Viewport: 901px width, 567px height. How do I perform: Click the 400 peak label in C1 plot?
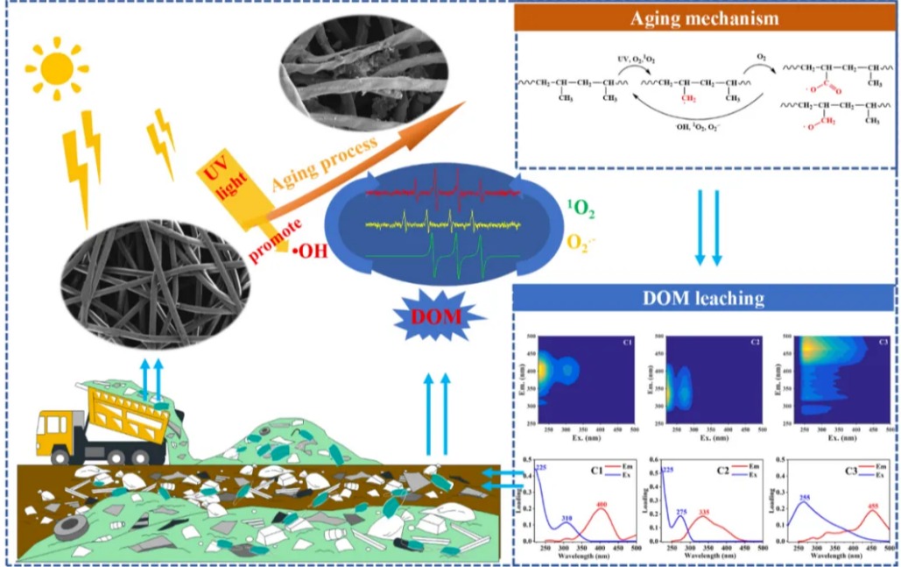click(601, 505)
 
